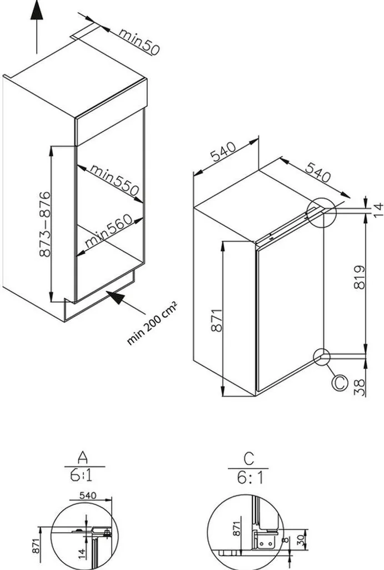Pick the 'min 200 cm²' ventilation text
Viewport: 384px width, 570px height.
[152, 322]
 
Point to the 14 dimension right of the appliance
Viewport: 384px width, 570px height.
[377, 209]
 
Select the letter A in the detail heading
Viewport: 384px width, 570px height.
[82, 458]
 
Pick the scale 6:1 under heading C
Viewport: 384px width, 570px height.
[248, 477]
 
